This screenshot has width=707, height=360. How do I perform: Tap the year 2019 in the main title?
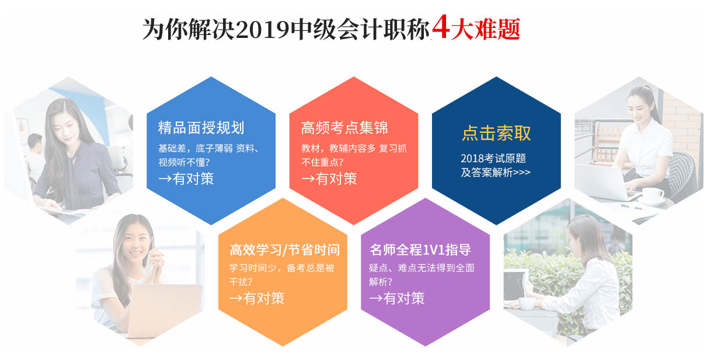pos(262,29)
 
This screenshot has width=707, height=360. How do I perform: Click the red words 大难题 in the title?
pos(486,29)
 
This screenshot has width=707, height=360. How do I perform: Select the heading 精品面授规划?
pos(201,128)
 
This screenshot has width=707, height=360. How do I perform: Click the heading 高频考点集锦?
pos(344,128)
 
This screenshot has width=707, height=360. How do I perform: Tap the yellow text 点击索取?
pos(496,133)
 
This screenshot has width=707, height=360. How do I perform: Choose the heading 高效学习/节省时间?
pos(285,250)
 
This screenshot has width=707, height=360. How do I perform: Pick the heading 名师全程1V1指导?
pos(420,250)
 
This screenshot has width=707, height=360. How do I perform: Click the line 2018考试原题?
pos(493,158)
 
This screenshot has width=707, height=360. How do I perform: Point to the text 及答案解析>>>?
pos(495,173)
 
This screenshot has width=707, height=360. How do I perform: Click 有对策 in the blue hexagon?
pos(193,179)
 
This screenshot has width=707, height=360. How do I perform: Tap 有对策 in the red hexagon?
pos(336,179)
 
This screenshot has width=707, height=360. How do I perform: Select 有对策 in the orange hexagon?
pos(264,298)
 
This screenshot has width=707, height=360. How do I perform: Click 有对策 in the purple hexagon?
pos(404,298)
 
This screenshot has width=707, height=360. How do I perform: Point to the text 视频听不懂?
pos(184,162)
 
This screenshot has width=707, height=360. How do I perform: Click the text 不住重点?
pos(322,162)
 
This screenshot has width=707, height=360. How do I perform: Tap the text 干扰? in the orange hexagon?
pos(241,282)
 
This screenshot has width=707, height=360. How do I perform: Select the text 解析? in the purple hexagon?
pos(381,282)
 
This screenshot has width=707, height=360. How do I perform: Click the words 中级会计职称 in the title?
pos(360,29)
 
